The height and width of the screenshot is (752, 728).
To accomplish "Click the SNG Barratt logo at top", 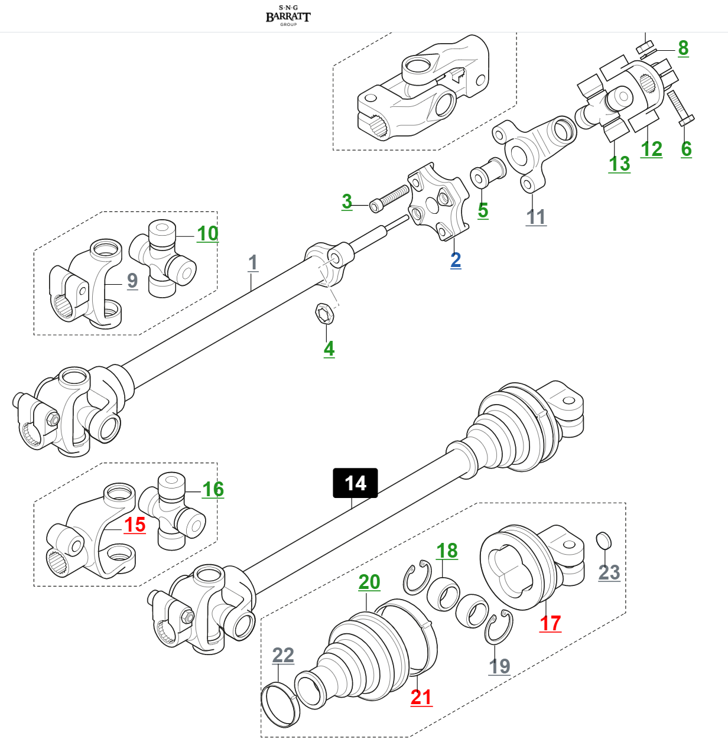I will tap(288, 15).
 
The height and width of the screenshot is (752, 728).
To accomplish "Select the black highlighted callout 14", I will tap(355, 483).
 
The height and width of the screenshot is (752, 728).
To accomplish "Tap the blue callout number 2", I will tap(456, 260).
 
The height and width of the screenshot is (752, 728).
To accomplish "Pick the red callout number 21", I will tap(421, 697).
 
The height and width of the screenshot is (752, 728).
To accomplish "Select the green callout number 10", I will tap(207, 234).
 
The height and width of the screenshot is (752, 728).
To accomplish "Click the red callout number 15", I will tap(134, 525).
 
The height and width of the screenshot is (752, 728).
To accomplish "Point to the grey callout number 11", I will tap(536, 217).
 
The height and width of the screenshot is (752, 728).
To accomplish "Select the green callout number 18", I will tap(447, 551).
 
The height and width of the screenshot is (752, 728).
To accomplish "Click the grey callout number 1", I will tap(253, 263).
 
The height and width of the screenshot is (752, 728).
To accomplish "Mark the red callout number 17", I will tap(550, 623).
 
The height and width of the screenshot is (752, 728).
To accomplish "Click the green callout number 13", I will tap(619, 164).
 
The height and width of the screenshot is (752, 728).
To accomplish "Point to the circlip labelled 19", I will tap(497, 629).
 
